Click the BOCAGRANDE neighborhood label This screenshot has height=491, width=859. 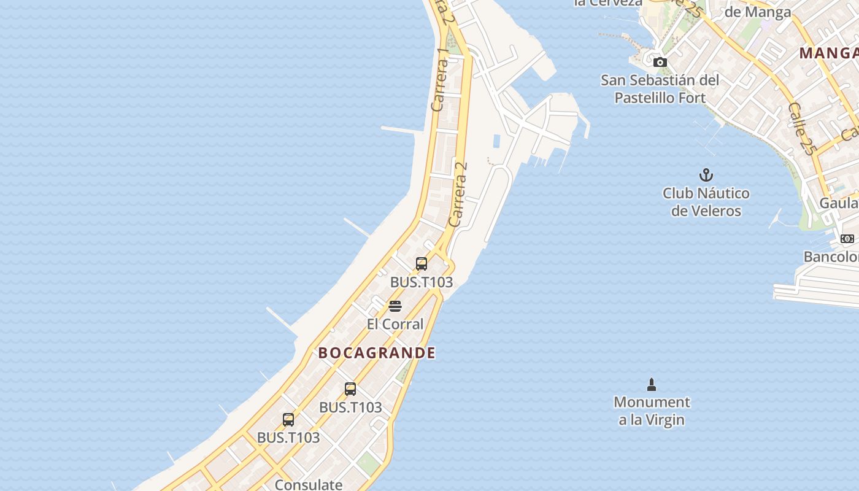coord(377,353)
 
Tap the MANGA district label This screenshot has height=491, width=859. coord(829,53)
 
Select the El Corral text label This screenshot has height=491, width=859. coord(395,324)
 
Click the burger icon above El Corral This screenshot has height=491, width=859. coord(395,306)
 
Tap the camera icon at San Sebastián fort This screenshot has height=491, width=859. coord(660,62)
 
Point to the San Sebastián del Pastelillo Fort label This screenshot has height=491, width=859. coord(660,89)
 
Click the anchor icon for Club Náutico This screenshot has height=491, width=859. coord(706,175)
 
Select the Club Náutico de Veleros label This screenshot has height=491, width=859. coord(706,202)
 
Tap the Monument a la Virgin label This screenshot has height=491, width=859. coord(652,411)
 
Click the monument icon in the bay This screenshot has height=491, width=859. coord(652,385)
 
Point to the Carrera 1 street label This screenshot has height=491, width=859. coord(440,80)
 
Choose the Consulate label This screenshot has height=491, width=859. coord(309,484)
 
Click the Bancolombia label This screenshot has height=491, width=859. coord(831,257)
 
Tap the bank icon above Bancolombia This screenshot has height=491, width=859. coord(847,239)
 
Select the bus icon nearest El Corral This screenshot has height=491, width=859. coord(422,264)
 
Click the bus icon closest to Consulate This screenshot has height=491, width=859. coord(288,420)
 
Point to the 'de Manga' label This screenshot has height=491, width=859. coord(758,12)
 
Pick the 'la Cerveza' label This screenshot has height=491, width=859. coord(608,3)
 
